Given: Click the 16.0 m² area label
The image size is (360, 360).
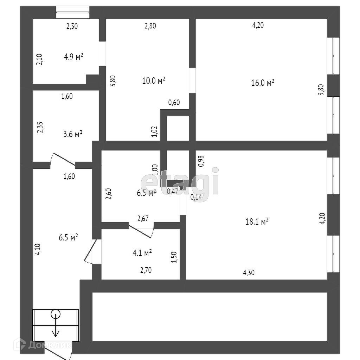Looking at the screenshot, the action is [263, 83].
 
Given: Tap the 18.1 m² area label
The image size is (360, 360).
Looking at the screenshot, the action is [257, 221].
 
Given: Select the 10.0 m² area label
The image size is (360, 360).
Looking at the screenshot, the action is [154, 81].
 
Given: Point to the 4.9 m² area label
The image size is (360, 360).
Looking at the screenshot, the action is [73, 57].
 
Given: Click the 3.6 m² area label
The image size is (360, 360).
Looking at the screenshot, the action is [73, 134].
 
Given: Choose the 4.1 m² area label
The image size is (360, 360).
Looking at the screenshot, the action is [142, 252].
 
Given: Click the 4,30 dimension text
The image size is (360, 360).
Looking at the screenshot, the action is [249, 272].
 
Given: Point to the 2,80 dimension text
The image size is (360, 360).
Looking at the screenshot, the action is [150, 26].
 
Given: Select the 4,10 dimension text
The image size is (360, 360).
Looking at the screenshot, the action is [39, 249].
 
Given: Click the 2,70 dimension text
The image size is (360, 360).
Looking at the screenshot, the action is [146, 270].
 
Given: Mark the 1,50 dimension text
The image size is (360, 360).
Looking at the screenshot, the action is [174, 257].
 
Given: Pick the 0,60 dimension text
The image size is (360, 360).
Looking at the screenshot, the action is [174, 103].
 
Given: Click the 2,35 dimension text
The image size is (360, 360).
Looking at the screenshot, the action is [40, 127].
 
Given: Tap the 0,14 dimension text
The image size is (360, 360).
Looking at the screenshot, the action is [196, 197].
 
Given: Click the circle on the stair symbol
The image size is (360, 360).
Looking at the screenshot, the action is [56, 314].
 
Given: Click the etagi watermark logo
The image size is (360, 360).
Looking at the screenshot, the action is [180, 182].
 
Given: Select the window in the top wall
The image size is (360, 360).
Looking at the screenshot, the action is [72, 13].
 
